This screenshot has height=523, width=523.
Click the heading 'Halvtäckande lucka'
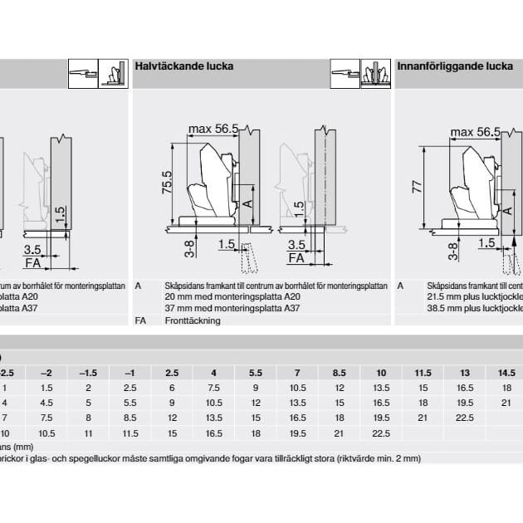coord(183,66)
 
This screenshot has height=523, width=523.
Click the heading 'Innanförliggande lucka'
coord(455,66)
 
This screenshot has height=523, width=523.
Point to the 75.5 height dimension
coord(166,182)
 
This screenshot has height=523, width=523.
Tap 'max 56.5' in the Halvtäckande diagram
coord(213,129)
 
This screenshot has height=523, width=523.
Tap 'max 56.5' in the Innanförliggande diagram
coord(475,132)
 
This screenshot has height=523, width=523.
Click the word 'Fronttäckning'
coord(193,320)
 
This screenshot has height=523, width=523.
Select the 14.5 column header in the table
coord(506,373)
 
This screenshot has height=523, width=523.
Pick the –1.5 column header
coord(87,373)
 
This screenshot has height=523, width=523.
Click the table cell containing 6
coord(171,388)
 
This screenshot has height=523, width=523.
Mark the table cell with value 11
coord(87,433)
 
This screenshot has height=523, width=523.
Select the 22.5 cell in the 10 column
coord(380,433)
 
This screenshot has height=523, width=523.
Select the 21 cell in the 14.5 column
coord(506,403)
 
